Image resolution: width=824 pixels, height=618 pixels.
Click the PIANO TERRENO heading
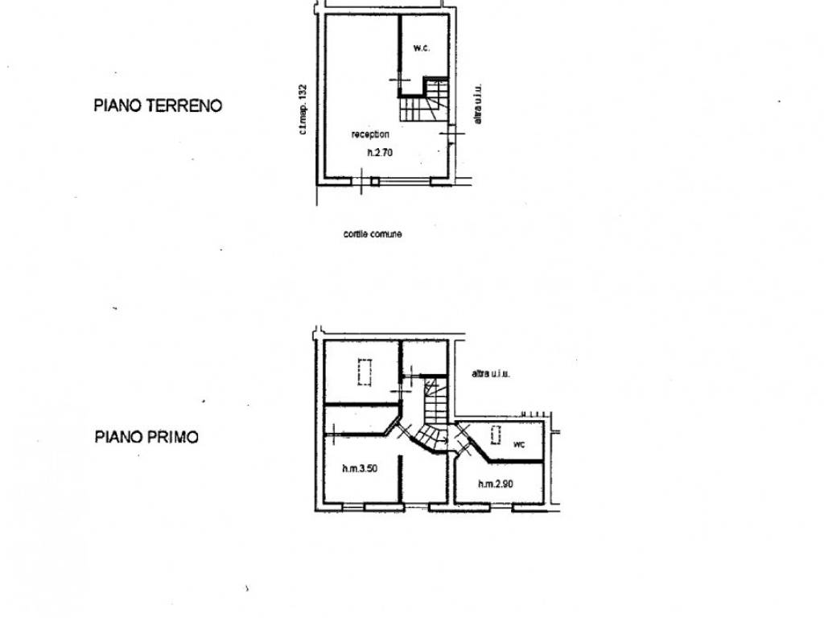[158, 105]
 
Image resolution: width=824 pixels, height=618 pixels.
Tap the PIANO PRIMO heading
[147, 437]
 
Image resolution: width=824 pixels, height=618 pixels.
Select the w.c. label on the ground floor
[422, 48]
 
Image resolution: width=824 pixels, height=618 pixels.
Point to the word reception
[370, 134]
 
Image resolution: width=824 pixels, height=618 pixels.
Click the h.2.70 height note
[374, 153]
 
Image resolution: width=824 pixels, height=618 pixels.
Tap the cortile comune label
[372, 234]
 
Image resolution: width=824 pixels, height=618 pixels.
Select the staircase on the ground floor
[423, 101]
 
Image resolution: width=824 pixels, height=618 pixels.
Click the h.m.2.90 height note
[496, 484]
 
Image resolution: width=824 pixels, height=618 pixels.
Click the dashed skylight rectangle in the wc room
[496, 435]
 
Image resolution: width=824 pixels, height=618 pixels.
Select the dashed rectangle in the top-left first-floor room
[363, 373]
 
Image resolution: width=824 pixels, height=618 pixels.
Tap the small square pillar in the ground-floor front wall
[375, 182]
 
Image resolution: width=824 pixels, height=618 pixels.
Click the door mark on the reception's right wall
[451, 133]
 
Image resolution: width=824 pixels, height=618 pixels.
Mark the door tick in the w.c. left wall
[395, 79]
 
